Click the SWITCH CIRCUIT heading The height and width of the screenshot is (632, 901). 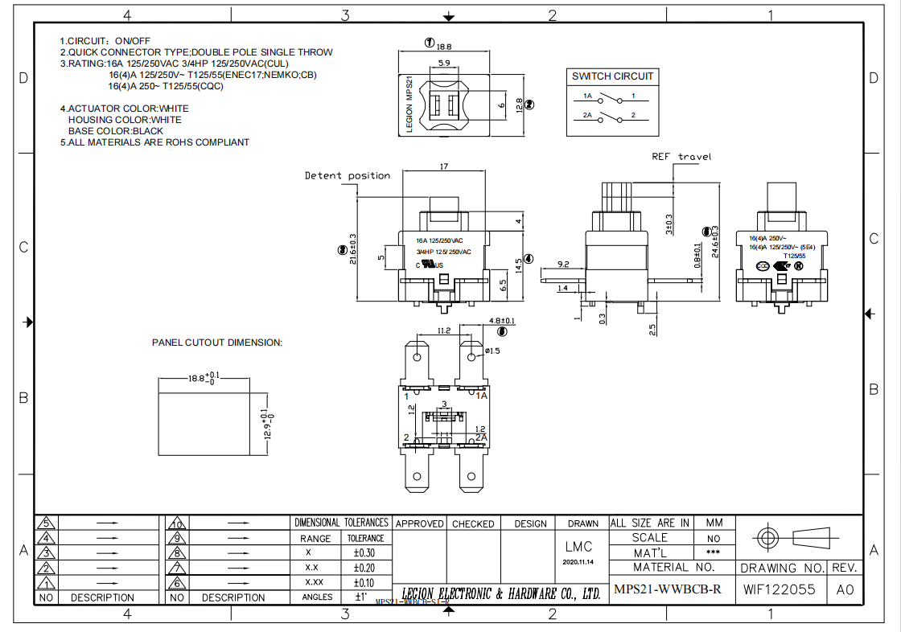613,76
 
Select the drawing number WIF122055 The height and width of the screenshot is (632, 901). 779,589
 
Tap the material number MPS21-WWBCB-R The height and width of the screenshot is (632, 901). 668,589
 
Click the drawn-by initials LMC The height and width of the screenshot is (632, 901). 578,546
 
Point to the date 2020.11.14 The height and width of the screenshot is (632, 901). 578,562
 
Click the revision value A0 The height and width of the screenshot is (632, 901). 845,589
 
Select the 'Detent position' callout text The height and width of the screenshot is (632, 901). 347,175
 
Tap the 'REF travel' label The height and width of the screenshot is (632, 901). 681,157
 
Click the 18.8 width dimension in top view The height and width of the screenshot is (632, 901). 444,47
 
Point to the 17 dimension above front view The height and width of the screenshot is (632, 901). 444,166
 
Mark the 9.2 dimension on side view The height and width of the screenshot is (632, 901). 562,264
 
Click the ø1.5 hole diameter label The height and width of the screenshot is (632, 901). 492,351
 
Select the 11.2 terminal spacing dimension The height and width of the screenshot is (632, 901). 443,330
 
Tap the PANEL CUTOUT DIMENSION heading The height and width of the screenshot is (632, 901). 217,343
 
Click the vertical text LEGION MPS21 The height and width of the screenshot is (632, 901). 409,105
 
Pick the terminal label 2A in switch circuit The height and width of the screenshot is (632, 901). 587,116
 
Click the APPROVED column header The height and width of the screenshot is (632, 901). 419,523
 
